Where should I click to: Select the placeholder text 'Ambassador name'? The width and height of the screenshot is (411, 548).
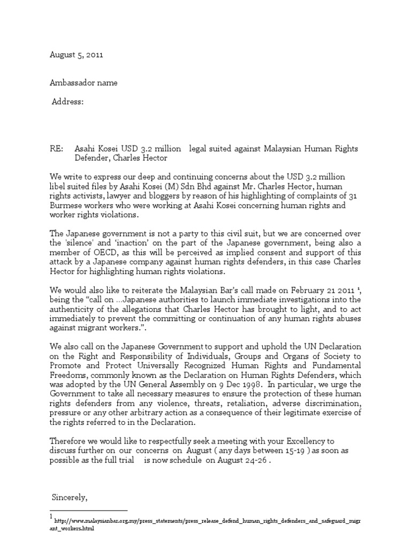click(x=83, y=82)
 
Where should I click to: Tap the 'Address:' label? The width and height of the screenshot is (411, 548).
click(x=67, y=102)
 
